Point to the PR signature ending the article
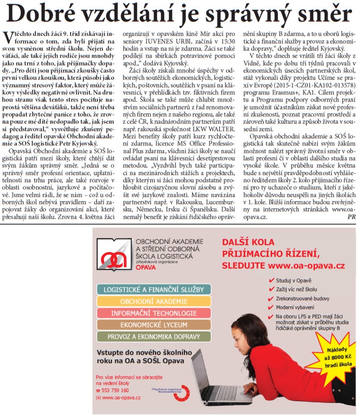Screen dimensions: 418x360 [x=351, y=217]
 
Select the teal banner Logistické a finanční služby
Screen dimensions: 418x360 [x=153, y=289]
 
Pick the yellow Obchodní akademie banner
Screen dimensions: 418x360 [x=153, y=301]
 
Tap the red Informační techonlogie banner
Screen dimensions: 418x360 [x=153, y=313]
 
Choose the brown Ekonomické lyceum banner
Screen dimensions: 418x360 [x=153, y=324]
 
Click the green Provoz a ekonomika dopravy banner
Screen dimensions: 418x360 [x=153, y=336]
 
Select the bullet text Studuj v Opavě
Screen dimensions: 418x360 [x=294, y=280]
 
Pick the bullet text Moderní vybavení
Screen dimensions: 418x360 [x=295, y=307]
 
